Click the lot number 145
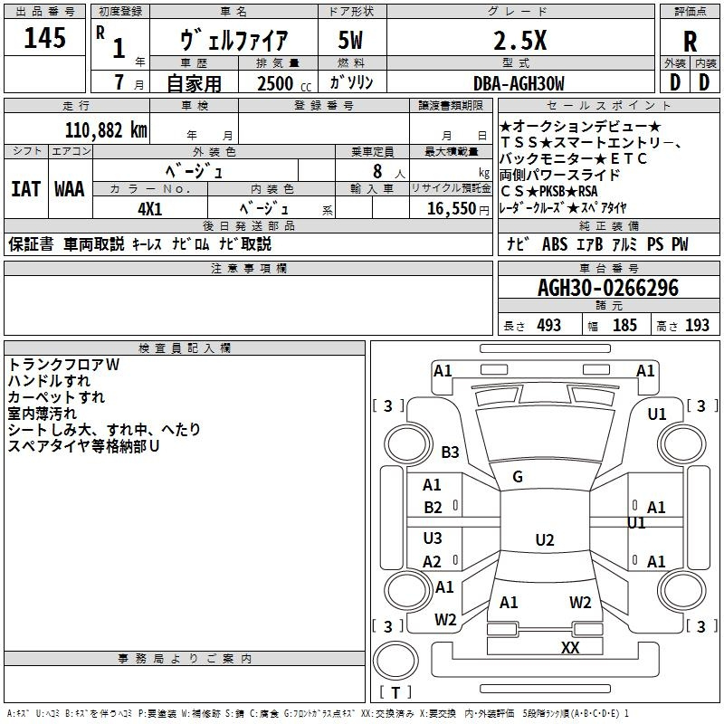(44, 37)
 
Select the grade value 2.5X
(519, 41)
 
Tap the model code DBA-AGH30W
(519, 83)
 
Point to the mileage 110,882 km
(106, 130)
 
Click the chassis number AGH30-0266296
(608, 288)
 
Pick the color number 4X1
(150, 209)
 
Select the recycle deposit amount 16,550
(452, 208)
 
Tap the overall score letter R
(690, 42)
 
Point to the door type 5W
(350, 40)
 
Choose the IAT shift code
(26, 189)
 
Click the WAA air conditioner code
(70, 189)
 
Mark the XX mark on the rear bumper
(570, 647)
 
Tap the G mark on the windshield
(518, 477)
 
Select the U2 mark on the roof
(545, 539)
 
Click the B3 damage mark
(450, 452)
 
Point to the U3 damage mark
(433, 538)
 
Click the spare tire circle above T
(395, 661)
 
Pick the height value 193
(697, 326)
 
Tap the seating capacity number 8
(377, 171)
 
